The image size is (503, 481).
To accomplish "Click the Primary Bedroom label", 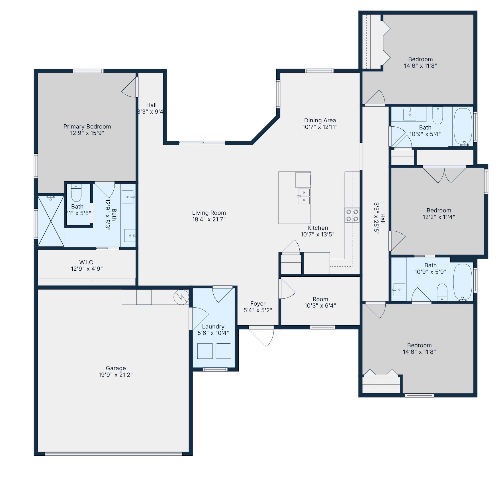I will click(x=87, y=126).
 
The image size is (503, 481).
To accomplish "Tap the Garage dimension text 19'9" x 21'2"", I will click(x=116, y=375).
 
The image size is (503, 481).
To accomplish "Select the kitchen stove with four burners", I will click(x=352, y=215).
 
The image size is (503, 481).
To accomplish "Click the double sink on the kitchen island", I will click(x=304, y=196).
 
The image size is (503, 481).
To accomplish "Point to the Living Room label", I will click(x=209, y=213).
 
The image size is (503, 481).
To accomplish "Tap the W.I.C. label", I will click(x=87, y=262).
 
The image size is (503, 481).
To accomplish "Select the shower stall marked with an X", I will click(x=51, y=221).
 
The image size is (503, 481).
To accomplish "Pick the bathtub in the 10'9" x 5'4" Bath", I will click(x=463, y=126).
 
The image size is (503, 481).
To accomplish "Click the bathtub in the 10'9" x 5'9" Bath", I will click(x=463, y=281).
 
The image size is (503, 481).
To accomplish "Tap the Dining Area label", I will click(x=320, y=120).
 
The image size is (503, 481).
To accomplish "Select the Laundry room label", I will click(x=213, y=326).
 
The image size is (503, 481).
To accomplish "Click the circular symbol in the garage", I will click(x=181, y=297).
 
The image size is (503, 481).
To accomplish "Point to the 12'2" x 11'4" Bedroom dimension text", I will click(x=439, y=217).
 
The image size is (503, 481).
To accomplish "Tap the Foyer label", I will click(x=258, y=304).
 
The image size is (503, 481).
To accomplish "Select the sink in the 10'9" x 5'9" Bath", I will click(x=399, y=289).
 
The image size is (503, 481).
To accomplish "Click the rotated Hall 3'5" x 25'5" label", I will click(x=380, y=218).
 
